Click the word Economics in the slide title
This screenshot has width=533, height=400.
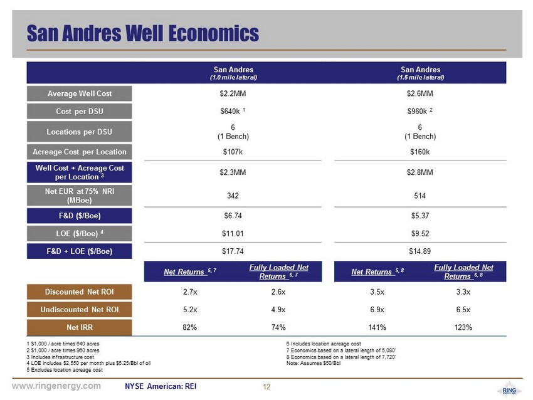click(x=214, y=33)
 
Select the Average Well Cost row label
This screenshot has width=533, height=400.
click(x=80, y=93)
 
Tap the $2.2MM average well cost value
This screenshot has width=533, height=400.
click(x=233, y=93)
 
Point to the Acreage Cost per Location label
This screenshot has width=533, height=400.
click(x=80, y=152)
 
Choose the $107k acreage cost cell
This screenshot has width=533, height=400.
click(x=233, y=152)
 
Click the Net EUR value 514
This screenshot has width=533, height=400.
click(x=420, y=196)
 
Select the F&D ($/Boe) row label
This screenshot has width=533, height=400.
click(x=80, y=216)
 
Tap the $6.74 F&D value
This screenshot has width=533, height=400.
click(x=233, y=216)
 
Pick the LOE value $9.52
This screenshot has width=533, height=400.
click(x=420, y=233)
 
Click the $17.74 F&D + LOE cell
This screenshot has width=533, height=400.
click(x=233, y=251)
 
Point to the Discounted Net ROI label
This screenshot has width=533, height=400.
click(x=80, y=292)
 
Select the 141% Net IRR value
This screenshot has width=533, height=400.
click(x=377, y=327)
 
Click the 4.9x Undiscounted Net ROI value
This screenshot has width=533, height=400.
click(x=278, y=310)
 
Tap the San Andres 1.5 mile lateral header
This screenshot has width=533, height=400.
click(x=421, y=73)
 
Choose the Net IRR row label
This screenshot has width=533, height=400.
click(x=80, y=327)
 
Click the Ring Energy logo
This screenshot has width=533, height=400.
click(x=509, y=391)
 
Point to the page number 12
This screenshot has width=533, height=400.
click(x=266, y=387)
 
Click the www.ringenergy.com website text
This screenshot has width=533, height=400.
click(x=56, y=386)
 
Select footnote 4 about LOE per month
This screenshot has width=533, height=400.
click(x=88, y=363)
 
